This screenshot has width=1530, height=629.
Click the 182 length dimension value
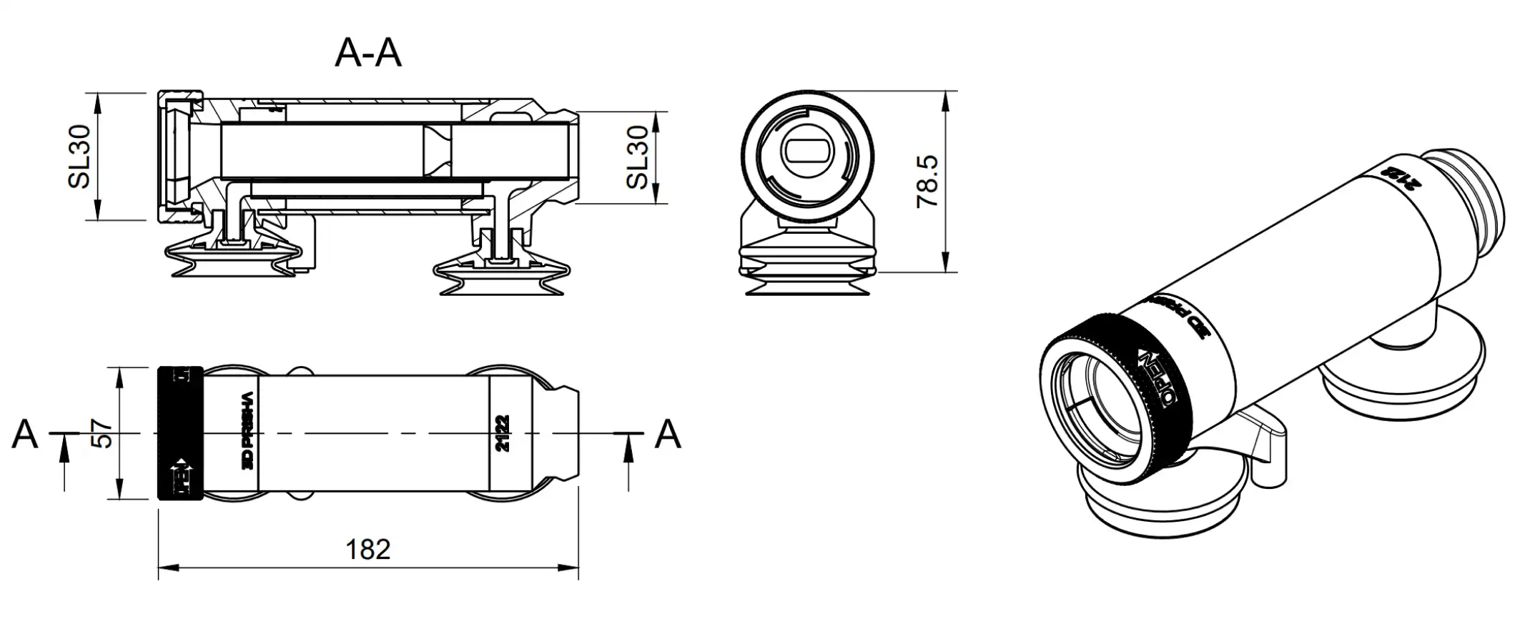click(x=368, y=549)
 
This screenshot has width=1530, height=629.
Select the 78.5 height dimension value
click(x=927, y=182)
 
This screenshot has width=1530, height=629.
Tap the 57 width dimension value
click(x=103, y=433)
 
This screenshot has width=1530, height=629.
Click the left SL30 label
click(x=80, y=157)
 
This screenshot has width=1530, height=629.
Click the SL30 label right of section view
click(x=637, y=157)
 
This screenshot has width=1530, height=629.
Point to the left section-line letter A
click(x=25, y=434)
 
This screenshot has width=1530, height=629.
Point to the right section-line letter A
click(x=668, y=434)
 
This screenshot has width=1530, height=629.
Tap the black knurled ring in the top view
click(x=180, y=433)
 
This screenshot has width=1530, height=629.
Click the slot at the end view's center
click(x=806, y=152)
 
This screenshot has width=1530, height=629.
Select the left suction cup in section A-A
click(x=232, y=257)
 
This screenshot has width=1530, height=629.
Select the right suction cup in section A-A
click(x=503, y=275)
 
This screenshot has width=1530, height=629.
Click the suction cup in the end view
click(x=806, y=264)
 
